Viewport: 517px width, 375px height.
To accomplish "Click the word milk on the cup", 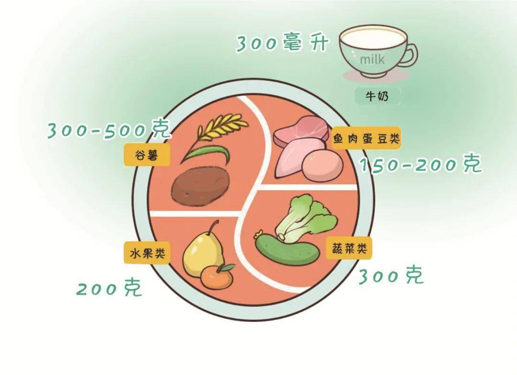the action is (372, 59).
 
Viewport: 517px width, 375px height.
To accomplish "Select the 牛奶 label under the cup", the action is (377, 96).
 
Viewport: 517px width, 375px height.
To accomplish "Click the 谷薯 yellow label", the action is (147, 154).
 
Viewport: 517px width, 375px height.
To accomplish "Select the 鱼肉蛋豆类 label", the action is (366, 138).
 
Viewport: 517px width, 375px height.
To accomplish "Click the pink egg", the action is (322, 165).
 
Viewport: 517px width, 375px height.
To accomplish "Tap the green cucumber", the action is (287, 249).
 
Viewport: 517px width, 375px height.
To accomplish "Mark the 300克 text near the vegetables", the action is (391, 275).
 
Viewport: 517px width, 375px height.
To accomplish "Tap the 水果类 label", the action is (147, 253).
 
